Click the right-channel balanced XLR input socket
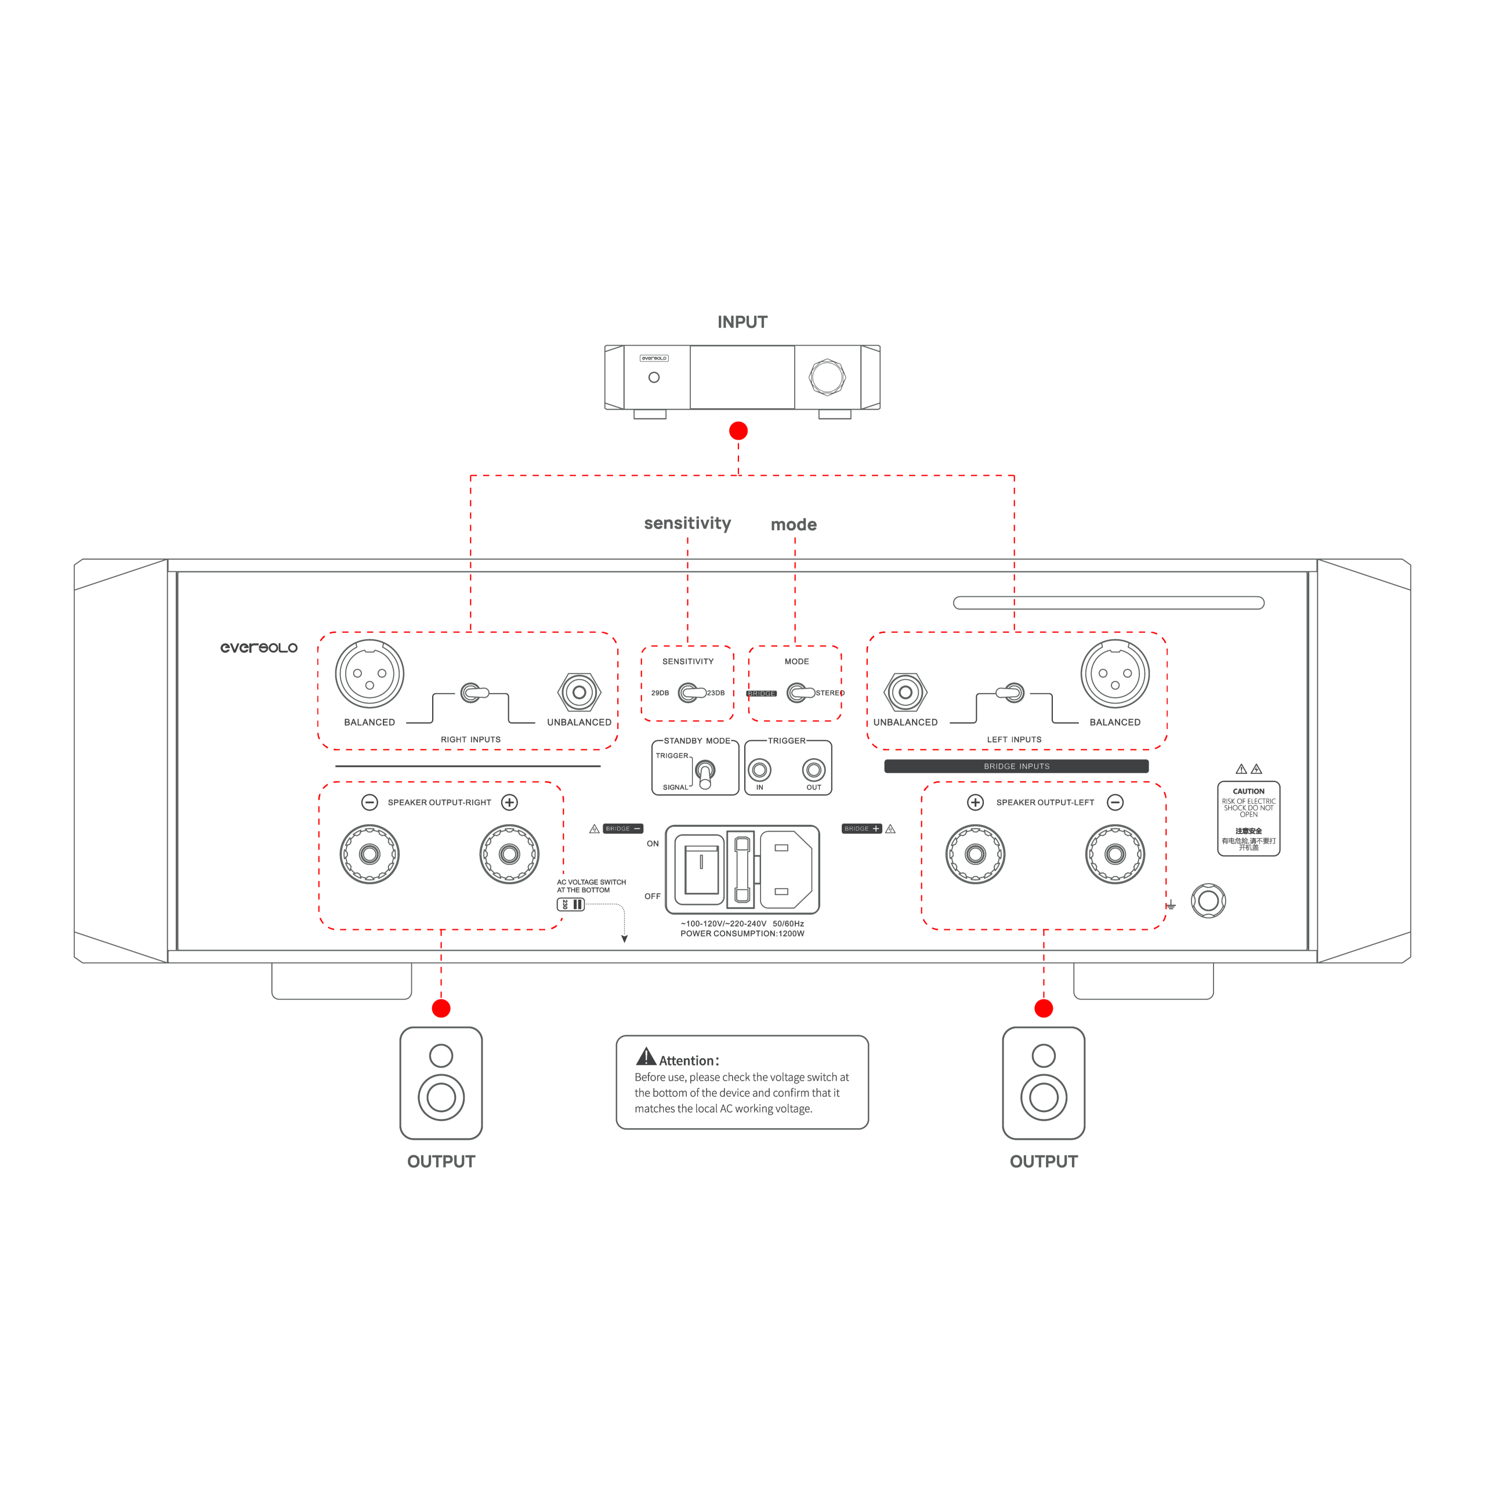369,674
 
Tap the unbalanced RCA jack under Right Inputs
579,692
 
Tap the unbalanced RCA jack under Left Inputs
906,692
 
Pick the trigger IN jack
759,769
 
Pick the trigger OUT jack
813,769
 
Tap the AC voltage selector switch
570,904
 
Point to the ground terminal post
1208,901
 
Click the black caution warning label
1248,818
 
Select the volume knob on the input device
827,376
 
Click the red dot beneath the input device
738,430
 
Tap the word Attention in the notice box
688,1061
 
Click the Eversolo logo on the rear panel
258,648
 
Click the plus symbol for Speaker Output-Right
509,802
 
